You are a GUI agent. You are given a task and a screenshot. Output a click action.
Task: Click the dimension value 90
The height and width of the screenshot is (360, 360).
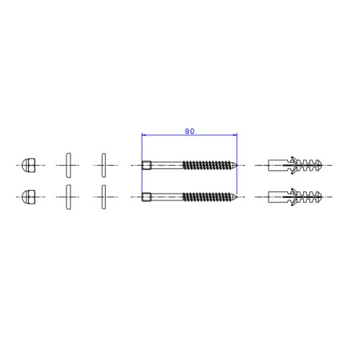pos(189,131)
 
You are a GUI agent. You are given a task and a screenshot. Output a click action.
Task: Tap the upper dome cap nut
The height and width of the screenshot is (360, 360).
pos(29,165)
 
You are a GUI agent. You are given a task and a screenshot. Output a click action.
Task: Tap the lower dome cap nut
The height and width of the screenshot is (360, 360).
pos(29,197)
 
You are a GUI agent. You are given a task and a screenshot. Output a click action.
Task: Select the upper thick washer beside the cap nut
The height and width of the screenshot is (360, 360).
pos(68,165)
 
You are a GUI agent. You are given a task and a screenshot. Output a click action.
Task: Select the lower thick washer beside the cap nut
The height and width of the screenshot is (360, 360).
pos(68,197)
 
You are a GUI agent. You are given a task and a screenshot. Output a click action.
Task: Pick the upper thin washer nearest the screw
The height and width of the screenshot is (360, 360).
pos(104,166)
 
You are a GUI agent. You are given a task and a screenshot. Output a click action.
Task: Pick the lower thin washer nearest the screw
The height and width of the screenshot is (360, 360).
pos(104,197)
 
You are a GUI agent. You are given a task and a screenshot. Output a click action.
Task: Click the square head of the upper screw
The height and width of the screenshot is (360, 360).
pos(146,166)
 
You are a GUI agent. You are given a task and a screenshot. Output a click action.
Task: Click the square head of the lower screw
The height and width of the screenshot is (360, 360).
pos(146,197)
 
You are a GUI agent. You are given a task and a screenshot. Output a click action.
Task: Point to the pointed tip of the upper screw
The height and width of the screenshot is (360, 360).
pos(237,165)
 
